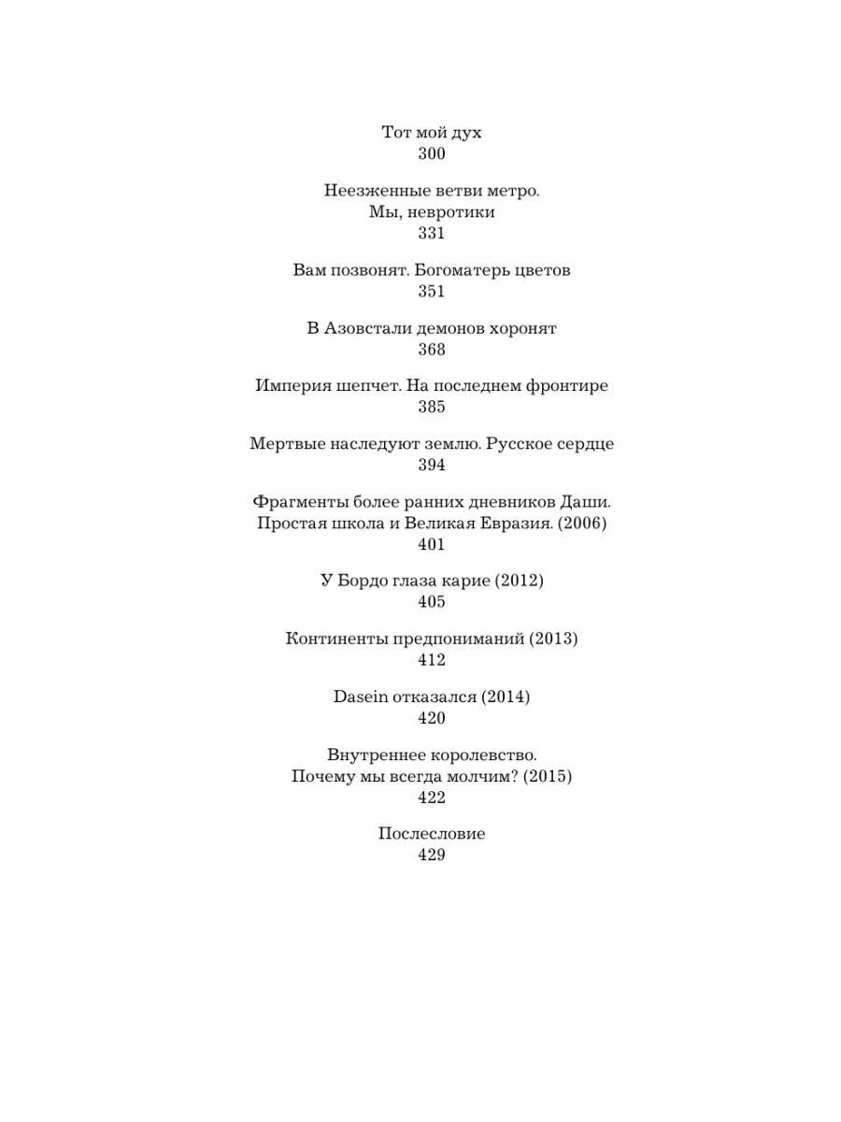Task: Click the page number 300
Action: (431, 154)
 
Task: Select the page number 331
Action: (431, 233)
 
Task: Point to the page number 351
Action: (431, 291)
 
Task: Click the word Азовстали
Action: (366, 328)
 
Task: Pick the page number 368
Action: (431, 350)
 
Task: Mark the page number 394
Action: (431, 465)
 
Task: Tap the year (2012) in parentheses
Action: (519, 581)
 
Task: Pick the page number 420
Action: (431, 718)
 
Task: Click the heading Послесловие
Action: (431, 834)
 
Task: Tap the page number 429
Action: (431, 855)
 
